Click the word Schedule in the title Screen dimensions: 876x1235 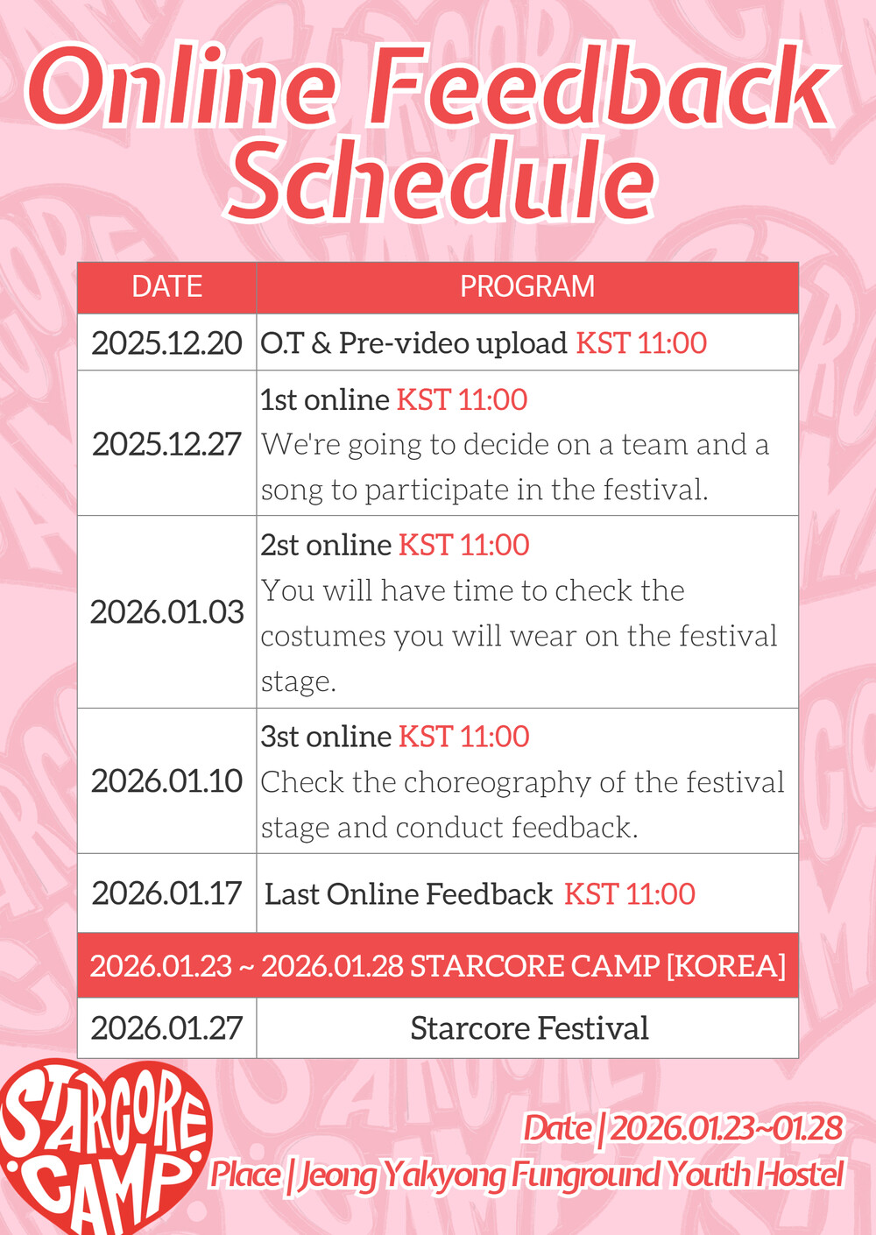pos(441,180)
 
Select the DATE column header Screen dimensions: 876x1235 pos(166,286)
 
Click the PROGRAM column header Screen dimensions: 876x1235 pos(527,286)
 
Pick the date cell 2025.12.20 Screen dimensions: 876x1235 pos(166,343)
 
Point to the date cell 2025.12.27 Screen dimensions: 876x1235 pos(166,444)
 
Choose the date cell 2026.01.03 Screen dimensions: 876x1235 pos(166,612)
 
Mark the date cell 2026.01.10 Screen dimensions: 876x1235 pos(166,780)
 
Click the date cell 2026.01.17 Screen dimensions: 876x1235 pos(166,893)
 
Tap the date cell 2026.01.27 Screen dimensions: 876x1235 pos(166,1027)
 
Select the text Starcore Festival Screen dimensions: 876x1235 pos(529,1027)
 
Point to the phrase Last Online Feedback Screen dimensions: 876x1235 pos(408,893)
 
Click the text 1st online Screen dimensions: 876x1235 pos(325,399)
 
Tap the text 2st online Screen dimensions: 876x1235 pos(326,545)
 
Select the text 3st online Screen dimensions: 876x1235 pos(326,736)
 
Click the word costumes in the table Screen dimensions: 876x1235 pos(323,636)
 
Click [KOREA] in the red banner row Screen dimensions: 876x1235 pos(726,966)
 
